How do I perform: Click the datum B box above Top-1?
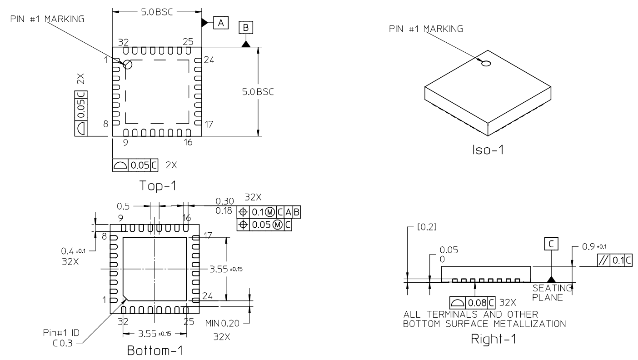click(x=246, y=28)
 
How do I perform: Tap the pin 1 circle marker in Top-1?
click(x=128, y=65)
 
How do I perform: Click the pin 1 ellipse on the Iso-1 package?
click(x=486, y=64)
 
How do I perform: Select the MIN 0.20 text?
click(x=221, y=323)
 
